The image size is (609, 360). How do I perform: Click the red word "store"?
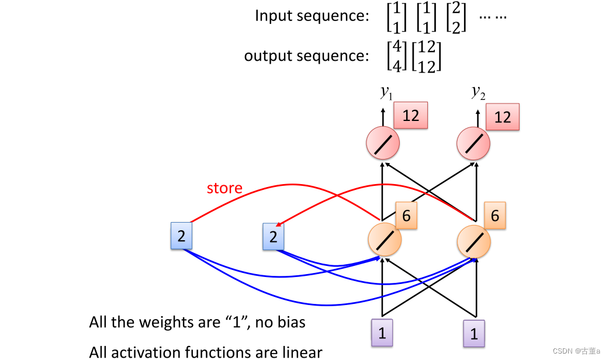point(224,188)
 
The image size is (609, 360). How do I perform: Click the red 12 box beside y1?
point(410,115)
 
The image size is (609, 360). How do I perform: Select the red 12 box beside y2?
point(502,117)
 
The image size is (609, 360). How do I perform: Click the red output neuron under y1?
point(383,144)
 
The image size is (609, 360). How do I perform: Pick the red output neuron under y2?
point(474,144)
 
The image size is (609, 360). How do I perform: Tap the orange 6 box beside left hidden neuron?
point(406,216)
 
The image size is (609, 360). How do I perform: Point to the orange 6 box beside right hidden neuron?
point(494,216)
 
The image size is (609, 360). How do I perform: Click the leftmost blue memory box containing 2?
point(181,236)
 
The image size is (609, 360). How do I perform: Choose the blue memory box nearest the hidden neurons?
point(273,237)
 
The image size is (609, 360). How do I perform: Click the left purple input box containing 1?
point(382,333)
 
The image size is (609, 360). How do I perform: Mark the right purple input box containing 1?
point(474,334)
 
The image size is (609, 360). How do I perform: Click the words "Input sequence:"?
point(312,16)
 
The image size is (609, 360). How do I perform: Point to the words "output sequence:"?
point(306,56)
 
